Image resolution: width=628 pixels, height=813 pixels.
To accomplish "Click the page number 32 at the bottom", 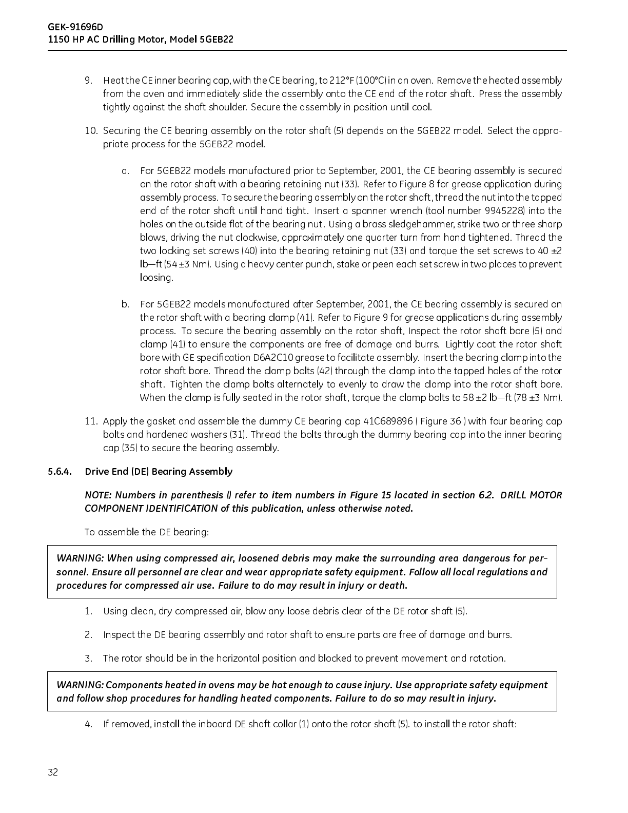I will point(53,772).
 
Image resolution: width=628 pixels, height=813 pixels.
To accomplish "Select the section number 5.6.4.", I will point(60,472).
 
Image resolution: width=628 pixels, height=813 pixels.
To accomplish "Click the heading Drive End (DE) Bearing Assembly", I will point(159,472).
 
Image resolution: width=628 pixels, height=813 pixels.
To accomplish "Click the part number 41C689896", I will point(388,421).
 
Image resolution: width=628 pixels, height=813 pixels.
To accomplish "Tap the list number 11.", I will point(91,421).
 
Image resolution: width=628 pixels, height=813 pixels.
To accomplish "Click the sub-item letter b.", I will point(125,304).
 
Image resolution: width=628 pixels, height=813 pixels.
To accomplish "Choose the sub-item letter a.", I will point(125,171).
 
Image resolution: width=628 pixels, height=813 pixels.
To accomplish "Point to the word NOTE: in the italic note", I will point(98,495).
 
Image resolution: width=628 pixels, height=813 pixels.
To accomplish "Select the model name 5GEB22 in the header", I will point(215,39).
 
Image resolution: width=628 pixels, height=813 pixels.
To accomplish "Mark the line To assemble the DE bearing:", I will point(147,532).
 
